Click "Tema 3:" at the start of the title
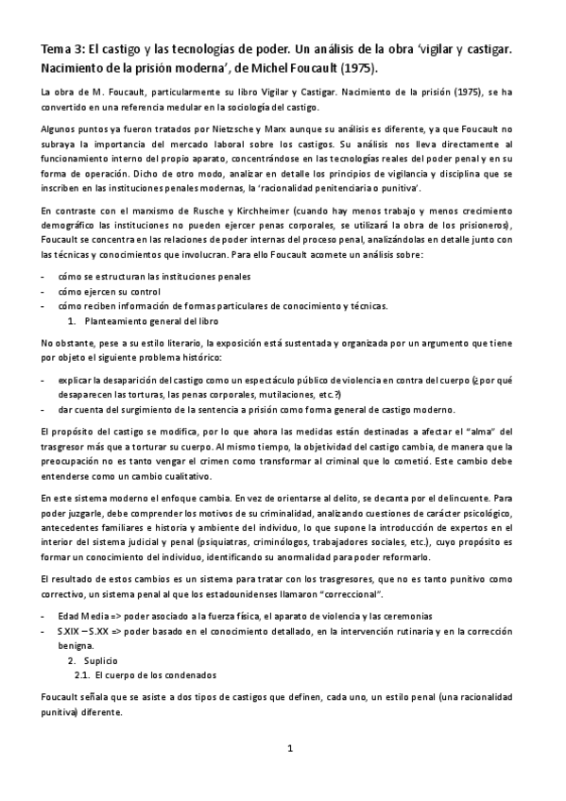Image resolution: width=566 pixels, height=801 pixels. pyautogui.click(x=60, y=46)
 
